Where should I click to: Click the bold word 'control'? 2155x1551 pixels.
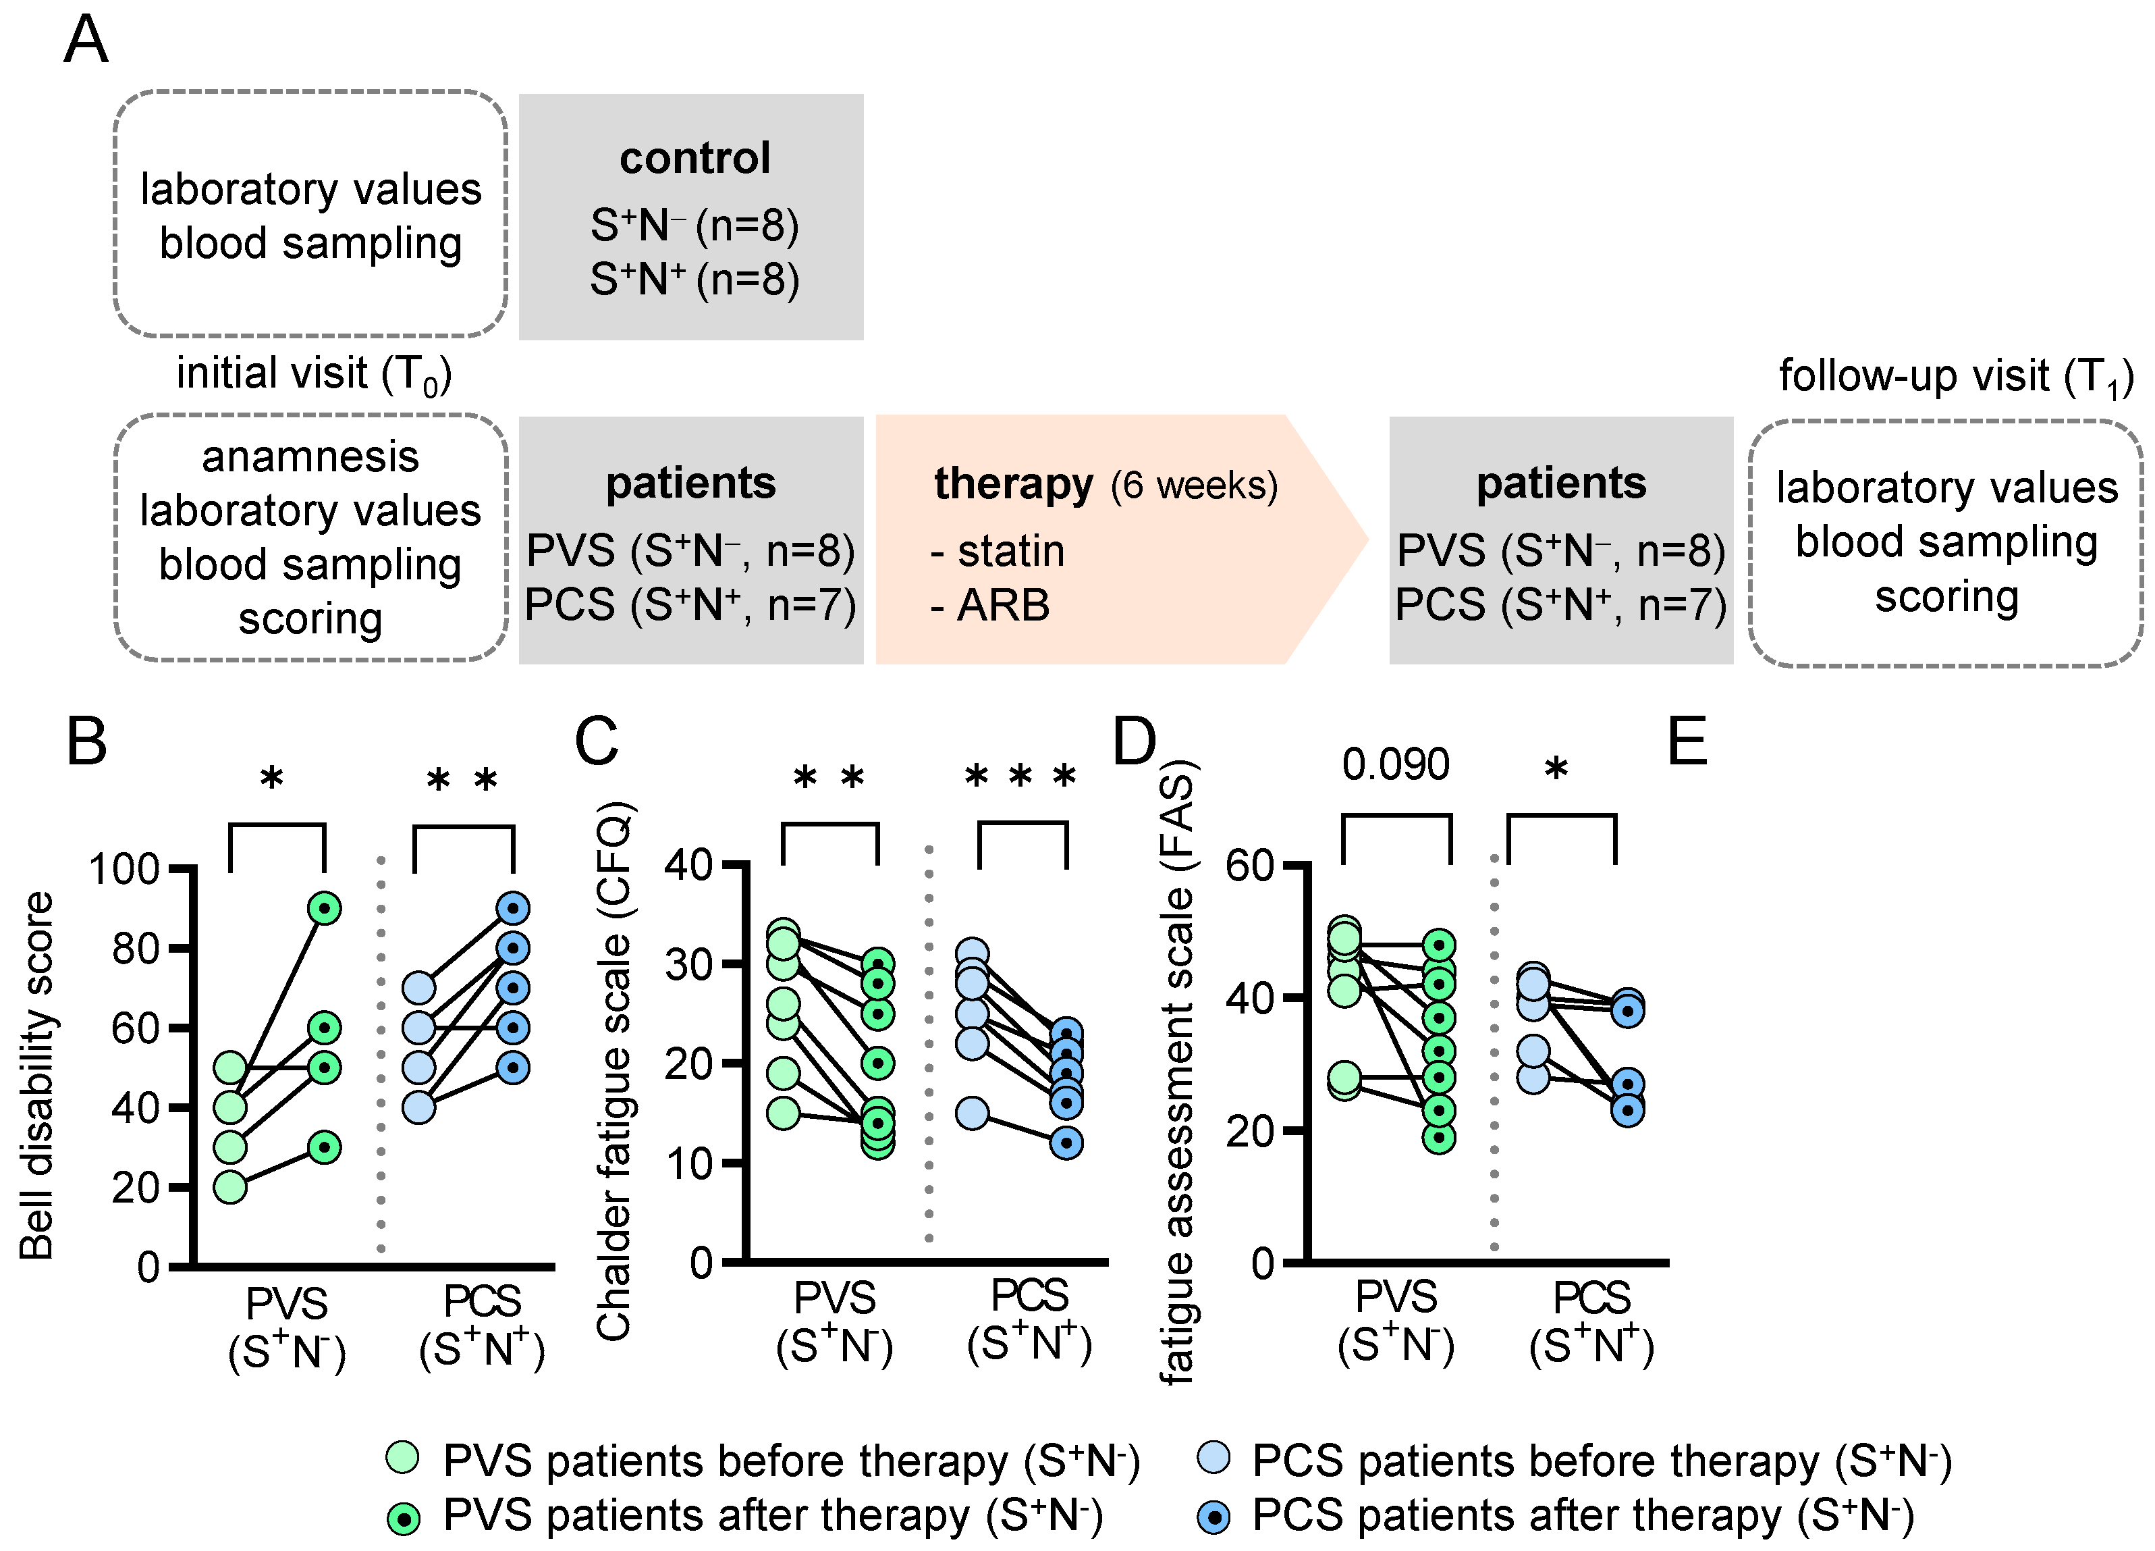[x=694, y=158]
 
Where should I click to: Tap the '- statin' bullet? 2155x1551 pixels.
[x=998, y=551]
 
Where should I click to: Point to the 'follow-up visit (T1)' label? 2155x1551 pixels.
[x=1955, y=376]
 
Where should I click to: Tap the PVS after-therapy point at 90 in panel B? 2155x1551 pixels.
[x=325, y=909]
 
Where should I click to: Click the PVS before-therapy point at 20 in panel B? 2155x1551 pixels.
[x=230, y=1187]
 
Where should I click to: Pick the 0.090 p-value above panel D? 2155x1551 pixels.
[x=1395, y=765]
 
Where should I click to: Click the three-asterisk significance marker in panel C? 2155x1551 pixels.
[x=1020, y=777]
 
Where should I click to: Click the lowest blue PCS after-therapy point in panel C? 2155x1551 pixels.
[x=1067, y=1142]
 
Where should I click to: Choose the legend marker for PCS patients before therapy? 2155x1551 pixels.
[x=1213, y=1458]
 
